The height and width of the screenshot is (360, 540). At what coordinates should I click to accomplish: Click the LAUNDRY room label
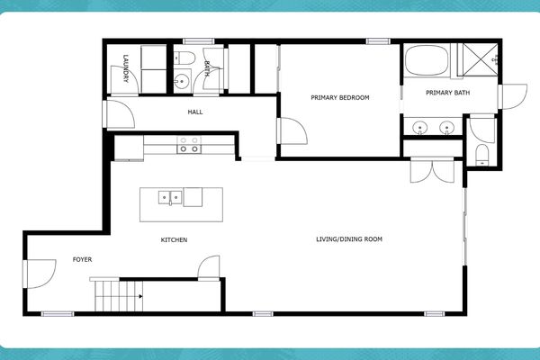(125, 70)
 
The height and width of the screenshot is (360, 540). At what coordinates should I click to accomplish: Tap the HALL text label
(195, 112)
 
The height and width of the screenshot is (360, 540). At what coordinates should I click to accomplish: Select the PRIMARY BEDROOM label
(340, 97)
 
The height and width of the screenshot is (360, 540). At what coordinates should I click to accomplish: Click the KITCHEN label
(174, 239)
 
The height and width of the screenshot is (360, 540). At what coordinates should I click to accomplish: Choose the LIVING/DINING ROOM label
(349, 239)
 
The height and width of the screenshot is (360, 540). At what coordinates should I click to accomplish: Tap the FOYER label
(83, 259)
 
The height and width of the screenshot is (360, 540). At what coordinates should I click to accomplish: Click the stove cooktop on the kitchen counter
(189, 145)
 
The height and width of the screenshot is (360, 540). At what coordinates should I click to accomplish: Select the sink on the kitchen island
(168, 197)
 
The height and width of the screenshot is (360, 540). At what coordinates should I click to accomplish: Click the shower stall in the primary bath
(477, 60)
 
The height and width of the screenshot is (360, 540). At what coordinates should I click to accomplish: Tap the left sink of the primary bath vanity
(420, 128)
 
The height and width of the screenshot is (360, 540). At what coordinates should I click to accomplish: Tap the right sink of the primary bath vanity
(445, 128)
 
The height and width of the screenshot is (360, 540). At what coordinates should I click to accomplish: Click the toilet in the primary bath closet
(481, 151)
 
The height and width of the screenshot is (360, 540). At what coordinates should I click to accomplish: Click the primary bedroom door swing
(290, 133)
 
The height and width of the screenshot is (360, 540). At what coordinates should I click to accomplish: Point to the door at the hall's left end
(118, 113)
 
